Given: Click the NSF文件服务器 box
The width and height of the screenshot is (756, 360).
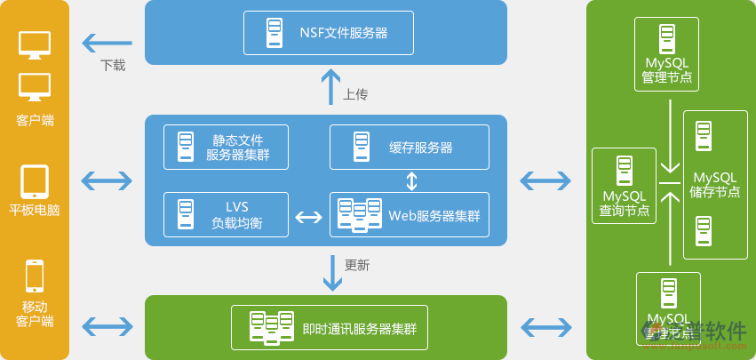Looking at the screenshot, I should [329, 33].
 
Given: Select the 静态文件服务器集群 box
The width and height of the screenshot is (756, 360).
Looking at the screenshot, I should [226, 147].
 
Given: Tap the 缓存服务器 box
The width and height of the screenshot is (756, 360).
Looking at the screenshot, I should [409, 147].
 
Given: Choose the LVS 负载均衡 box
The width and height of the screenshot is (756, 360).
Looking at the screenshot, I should [226, 214].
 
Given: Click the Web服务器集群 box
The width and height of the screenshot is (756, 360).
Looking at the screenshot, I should [409, 214].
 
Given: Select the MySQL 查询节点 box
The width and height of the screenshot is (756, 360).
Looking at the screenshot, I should [624, 185].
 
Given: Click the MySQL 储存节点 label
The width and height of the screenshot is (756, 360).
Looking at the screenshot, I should [715, 185].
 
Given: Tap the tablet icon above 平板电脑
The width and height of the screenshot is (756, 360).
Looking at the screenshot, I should [35, 181].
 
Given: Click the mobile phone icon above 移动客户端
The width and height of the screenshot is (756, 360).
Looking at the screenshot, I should [35, 276].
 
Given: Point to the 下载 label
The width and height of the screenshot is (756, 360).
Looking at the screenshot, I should [113, 65].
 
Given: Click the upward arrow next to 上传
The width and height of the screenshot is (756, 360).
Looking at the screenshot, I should [330, 87].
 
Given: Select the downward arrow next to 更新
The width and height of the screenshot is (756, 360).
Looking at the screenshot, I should [332, 273].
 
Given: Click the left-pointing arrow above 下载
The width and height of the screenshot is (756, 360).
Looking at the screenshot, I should [107, 42].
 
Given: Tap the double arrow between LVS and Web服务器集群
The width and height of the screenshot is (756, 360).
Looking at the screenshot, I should [308, 217].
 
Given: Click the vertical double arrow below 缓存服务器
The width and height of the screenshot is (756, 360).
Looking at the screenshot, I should [411, 181].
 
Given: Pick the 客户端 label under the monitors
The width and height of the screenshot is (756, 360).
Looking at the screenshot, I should [35, 120].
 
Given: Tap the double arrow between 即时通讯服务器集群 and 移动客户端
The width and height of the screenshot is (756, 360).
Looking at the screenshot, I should [107, 325].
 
